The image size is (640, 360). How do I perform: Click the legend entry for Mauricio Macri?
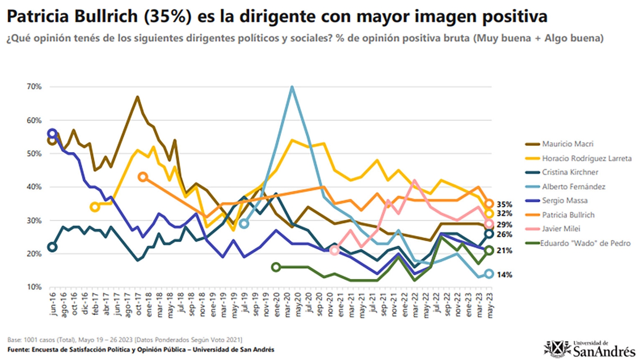tap(567, 144)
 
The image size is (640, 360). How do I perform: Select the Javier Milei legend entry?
tap(561, 229)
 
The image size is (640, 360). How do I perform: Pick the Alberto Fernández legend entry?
tap(573, 187)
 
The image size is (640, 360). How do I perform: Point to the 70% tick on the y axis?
tap(35, 87)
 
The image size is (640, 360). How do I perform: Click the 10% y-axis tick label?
tap(35, 287)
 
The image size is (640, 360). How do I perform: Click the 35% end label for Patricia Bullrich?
tap(504, 205)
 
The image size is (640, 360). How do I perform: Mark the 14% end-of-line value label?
tap(504, 275)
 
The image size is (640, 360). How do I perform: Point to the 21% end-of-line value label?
tap(504, 251)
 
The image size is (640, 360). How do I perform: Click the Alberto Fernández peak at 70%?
tap(292, 87)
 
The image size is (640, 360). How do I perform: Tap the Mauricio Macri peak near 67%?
tap(137, 97)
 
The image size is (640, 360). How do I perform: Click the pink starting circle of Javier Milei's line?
tap(334, 250)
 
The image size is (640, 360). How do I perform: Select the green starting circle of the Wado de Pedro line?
tap(276, 267)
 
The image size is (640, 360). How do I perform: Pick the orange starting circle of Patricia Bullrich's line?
tap(143, 177)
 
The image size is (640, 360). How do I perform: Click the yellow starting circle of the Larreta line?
tap(95, 207)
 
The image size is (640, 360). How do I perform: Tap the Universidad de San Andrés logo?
tap(590, 349)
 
